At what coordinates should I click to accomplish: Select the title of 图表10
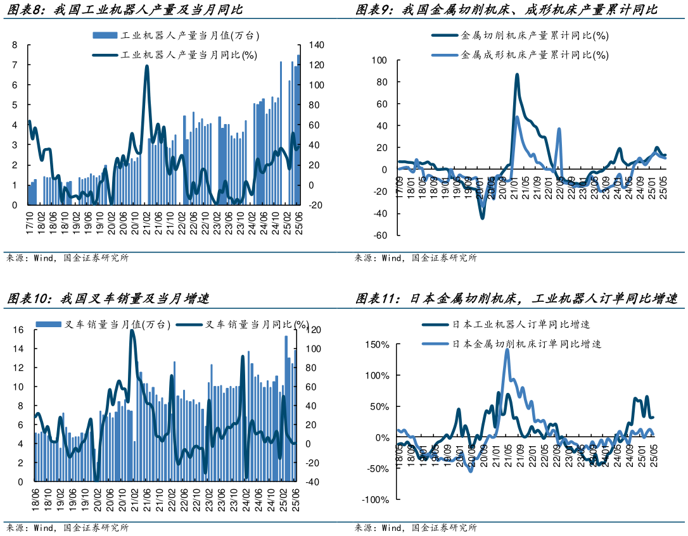point(108,298)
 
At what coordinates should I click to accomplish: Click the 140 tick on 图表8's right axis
point(316,45)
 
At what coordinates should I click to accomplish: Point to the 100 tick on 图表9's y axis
point(379,60)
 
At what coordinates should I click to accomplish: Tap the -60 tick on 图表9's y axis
point(379,235)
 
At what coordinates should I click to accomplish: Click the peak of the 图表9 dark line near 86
point(517,75)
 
